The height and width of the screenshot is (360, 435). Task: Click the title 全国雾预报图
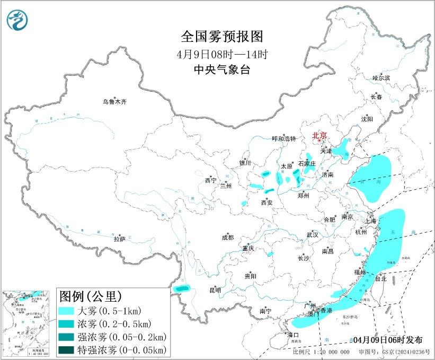[x=222, y=37]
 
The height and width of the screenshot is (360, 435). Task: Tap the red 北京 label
[x=319, y=136]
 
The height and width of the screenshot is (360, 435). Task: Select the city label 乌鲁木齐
[x=115, y=101]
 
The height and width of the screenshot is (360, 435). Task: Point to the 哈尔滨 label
[x=381, y=78]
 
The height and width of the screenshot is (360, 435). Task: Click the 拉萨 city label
[x=120, y=239]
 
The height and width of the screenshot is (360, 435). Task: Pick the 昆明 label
[x=215, y=290]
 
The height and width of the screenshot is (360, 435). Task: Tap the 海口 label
[x=293, y=335]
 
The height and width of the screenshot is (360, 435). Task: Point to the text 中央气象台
[x=222, y=69]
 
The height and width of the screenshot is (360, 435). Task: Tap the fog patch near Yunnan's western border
[x=183, y=288]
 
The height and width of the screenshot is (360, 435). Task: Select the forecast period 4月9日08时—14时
[x=222, y=54]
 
